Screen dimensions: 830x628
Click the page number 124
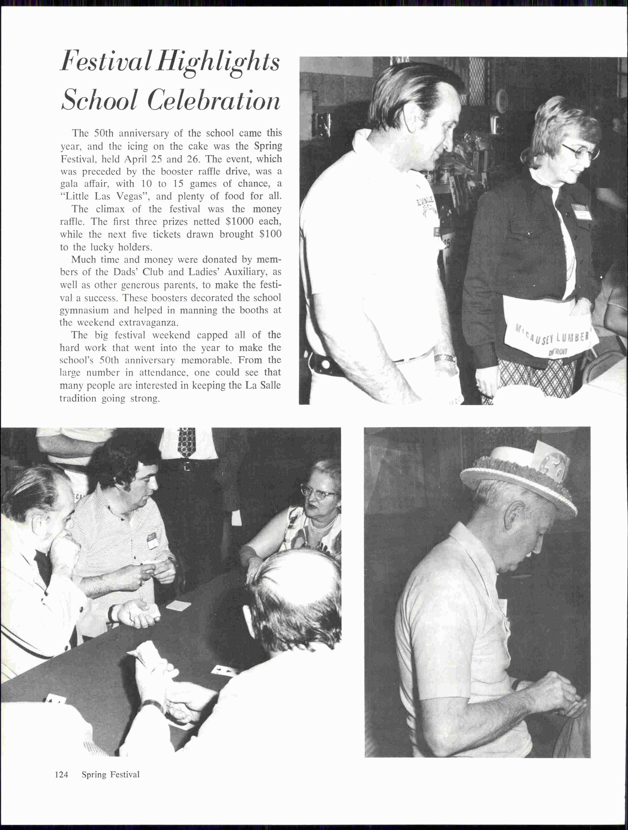point(62,775)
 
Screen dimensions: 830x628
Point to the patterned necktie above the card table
point(186,443)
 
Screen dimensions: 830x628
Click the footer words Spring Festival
point(111,775)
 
